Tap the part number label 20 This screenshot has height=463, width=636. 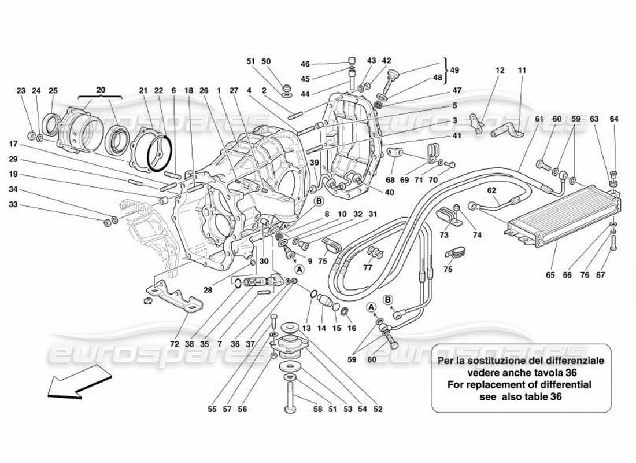pos(101,90)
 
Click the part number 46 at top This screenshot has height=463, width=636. pos(305,64)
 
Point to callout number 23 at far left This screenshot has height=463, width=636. pos(21,90)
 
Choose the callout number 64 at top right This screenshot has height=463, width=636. pos(614,119)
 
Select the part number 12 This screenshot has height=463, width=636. pos(500,71)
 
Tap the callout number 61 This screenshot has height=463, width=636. pos(539,119)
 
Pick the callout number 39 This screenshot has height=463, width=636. pos(314,164)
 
